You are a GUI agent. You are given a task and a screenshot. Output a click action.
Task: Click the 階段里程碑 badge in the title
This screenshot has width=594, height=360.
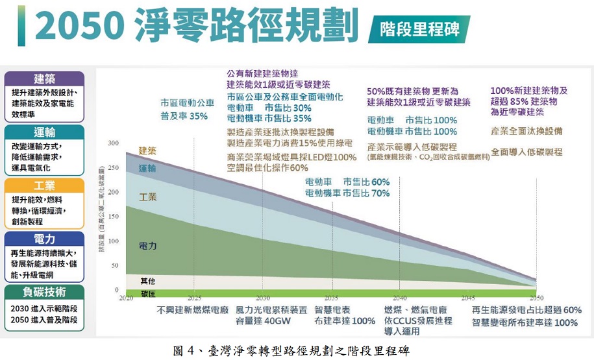click(419, 29)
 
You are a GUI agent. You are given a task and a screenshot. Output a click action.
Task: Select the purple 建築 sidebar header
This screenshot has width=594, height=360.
click(44, 79)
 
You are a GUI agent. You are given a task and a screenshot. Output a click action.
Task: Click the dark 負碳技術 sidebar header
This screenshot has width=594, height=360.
click(44, 292)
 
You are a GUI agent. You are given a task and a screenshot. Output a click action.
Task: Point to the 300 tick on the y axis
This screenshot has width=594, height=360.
click(114, 143)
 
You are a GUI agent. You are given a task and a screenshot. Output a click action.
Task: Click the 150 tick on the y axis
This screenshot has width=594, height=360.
click(114, 217)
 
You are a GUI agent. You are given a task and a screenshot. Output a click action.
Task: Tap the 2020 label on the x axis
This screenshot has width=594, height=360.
click(126, 298)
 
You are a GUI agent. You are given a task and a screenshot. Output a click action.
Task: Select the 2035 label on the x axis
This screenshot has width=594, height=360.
click(332, 298)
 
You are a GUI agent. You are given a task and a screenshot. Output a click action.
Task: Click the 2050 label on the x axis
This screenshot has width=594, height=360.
click(536, 298)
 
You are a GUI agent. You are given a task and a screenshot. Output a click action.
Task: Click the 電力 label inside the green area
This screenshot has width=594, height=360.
click(148, 246)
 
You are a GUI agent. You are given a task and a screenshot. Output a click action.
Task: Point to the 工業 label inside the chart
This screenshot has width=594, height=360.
click(148, 196)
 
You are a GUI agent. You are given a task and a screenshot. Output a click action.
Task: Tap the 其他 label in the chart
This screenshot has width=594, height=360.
click(148, 281)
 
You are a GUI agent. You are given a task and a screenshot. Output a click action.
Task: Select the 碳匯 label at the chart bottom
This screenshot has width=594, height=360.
click(148, 294)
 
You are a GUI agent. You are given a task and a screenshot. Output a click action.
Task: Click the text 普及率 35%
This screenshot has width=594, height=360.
click(184, 116)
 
